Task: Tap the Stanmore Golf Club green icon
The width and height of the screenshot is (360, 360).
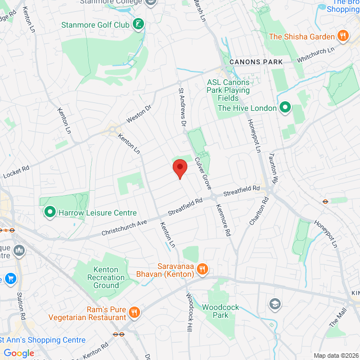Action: click(138, 24)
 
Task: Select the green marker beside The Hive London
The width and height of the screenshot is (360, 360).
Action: click(285, 107)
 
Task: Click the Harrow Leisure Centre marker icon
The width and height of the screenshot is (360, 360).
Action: click(49, 213)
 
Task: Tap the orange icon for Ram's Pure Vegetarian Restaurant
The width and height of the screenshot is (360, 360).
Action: click(134, 312)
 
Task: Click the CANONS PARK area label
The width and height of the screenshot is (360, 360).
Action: click(256, 61)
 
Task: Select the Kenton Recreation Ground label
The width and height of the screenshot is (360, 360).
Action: click(106, 278)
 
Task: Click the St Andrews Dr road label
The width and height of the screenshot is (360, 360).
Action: click(182, 106)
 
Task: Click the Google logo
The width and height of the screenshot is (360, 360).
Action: click(19, 353)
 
